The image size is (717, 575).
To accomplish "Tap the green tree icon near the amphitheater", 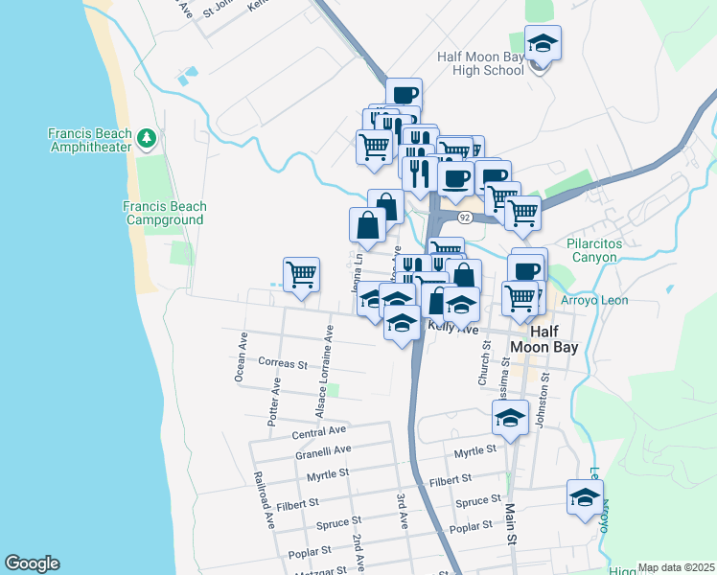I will pos(147,140).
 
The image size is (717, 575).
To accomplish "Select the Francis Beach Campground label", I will pos(164,213).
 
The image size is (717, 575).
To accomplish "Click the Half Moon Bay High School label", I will pos(480,63).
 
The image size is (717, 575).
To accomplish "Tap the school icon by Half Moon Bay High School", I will pos(544,44).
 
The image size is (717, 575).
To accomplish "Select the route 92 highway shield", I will pos(464,218).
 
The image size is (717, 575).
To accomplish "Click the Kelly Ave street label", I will pos(452,327).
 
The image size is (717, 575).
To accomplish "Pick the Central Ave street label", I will pos(318,432).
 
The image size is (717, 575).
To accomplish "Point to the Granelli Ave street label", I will pos(323,449).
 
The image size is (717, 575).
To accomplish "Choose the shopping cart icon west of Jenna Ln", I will pos(301,274).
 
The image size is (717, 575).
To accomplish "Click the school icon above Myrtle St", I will pos(510,417).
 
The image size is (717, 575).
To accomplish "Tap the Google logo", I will pos(32,563).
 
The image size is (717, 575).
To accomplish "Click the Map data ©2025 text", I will pos(676,567).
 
